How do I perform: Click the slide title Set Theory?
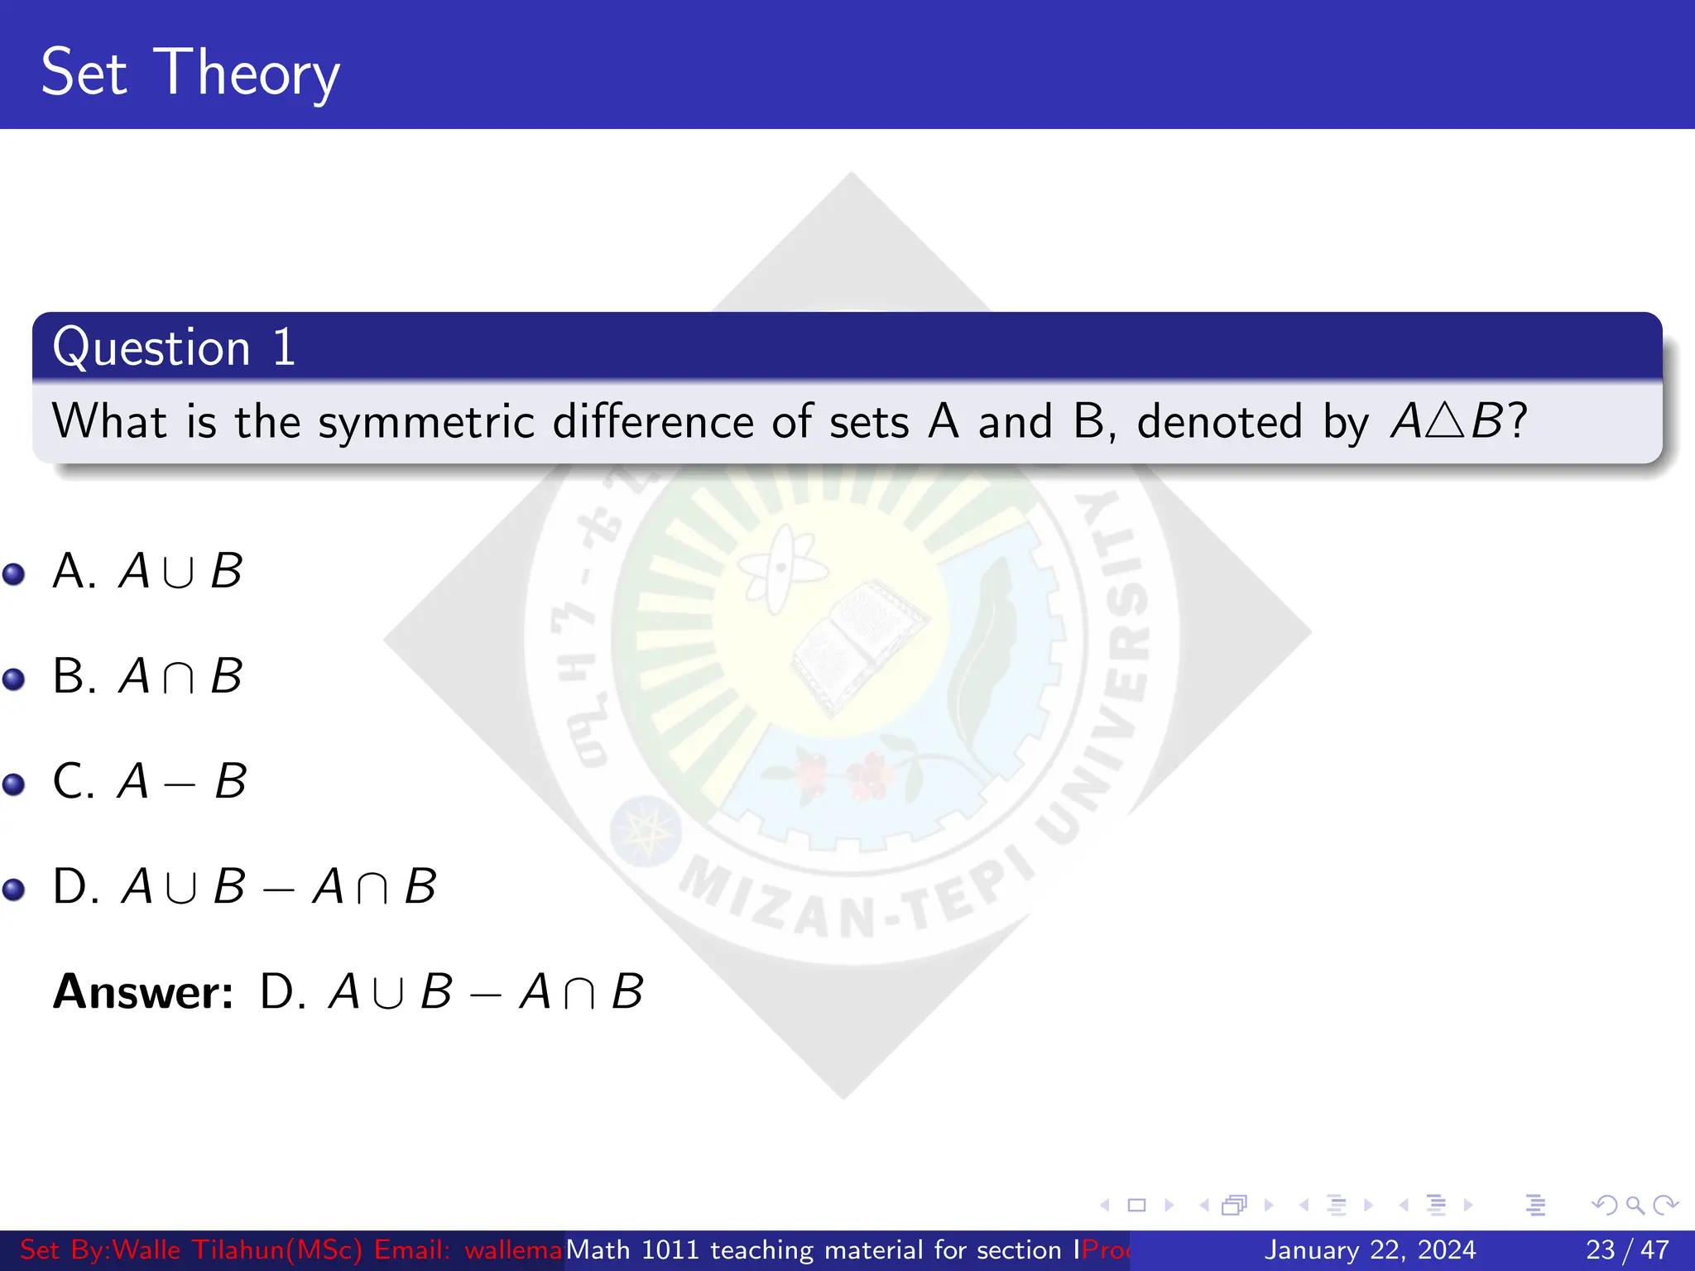click(x=190, y=73)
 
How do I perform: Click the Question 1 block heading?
click(x=174, y=347)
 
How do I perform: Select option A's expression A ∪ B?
click(x=180, y=571)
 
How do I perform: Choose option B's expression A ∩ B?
click(x=180, y=676)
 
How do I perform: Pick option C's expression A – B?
click(x=182, y=781)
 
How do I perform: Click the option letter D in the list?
click(x=74, y=886)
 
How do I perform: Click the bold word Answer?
click(x=143, y=991)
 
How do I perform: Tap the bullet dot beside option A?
click(x=14, y=573)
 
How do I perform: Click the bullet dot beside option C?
click(x=14, y=784)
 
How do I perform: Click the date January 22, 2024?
click(x=1370, y=1249)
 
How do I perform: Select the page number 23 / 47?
click(x=1627, y=1249)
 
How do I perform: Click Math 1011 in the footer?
click(x=633, y=1249)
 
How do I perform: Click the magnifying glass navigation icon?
click(x=1635, y=1205)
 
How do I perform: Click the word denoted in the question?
click(x=1220, y=422)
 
